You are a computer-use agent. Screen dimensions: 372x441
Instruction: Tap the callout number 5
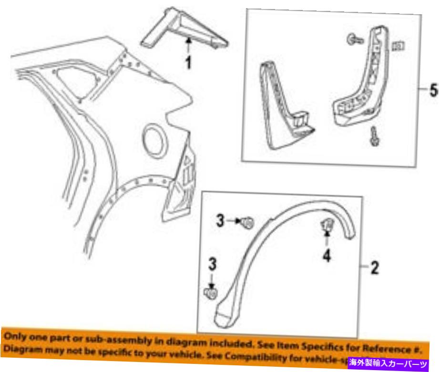[x=433, y=91]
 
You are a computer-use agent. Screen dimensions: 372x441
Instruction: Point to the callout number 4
[x=327, y=257]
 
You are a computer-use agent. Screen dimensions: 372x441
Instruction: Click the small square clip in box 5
[x=398, y=46]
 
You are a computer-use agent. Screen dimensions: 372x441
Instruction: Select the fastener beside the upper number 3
[x=247, y=221]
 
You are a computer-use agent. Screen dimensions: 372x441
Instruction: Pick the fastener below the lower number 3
[x=210, y=292]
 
